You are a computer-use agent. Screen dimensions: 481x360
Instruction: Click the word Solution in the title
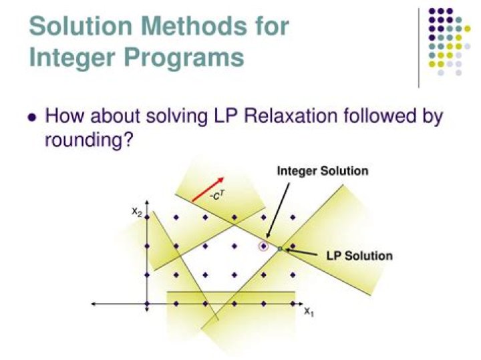[x=81, y=26]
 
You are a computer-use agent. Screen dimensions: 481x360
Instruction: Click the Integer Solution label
[x=323, y=171]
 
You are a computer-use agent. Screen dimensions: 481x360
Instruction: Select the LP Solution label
[x=359, y=256]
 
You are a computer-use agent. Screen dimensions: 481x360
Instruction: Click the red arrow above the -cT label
[x=208, y=189]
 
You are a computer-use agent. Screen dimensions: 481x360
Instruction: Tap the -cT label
[x=218, y=195]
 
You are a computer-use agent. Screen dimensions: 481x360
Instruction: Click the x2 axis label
[x=137, y=212]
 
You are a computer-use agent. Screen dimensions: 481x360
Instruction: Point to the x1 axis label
[x=309, y=312]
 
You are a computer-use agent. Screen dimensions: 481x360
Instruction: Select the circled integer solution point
[x=263, y=246]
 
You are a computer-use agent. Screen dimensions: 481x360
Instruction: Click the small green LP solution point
[x=280, y=248]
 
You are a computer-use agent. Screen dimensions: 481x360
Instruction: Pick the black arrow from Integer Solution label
[x=278, y=211]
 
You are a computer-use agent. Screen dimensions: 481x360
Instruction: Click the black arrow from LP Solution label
[x=301, y=252]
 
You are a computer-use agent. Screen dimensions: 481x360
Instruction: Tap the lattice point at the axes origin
[x=147, y=304]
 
